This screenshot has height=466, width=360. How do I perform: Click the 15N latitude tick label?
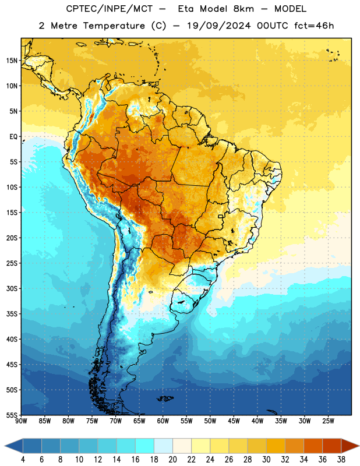(12, 61)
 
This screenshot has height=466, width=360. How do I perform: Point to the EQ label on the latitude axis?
(13, 137)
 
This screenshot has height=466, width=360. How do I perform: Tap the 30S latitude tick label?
(12, 288)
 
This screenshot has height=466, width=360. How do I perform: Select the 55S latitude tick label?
(12, 415)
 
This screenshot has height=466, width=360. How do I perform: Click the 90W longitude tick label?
(21, 421)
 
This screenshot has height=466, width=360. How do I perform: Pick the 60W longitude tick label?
(163, 421)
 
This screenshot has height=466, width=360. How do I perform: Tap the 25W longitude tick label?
(328, 421)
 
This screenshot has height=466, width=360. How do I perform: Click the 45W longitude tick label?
(234, 421)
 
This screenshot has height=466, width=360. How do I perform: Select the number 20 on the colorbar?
(172, 460)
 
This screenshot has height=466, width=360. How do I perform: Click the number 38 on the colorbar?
(341, 460)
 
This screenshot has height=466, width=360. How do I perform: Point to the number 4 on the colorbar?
(23, 460)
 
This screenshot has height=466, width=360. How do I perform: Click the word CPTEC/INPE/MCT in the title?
(110, 9)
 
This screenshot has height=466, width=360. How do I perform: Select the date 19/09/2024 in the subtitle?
(219, 26)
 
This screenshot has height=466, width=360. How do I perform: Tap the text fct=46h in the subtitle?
(314, 26)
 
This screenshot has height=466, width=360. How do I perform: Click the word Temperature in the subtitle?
(114, 26)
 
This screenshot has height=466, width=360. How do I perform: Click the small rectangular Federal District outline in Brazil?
(221, 216)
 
